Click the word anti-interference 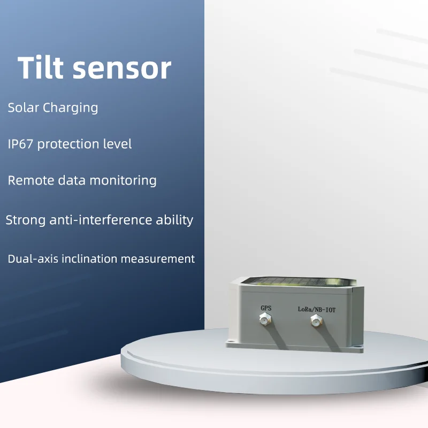click(99, 220)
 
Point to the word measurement click(158, 259)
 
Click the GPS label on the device click(266, 308)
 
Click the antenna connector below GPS click(264, 320)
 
